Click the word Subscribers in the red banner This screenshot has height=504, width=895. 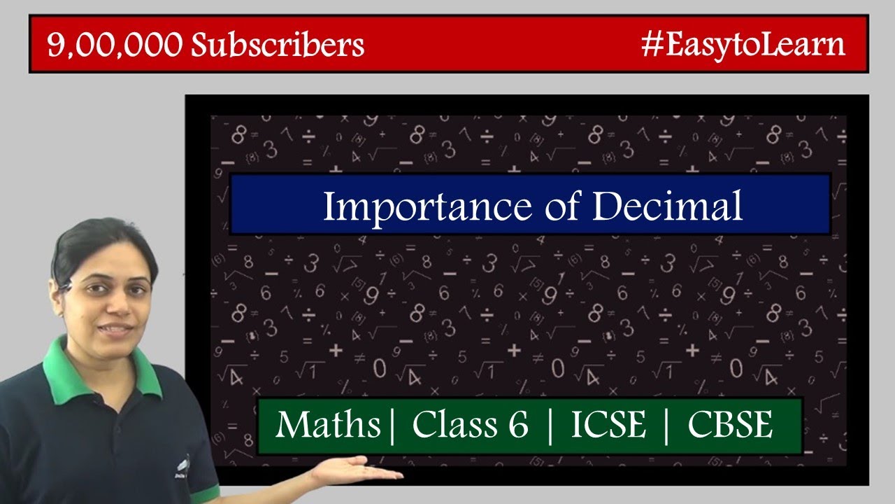278,45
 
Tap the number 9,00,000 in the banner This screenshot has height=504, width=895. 115,45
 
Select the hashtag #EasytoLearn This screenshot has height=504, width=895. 743,45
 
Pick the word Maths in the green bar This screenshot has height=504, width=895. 329,424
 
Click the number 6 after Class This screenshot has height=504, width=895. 517,424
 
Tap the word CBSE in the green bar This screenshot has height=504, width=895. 730,424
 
